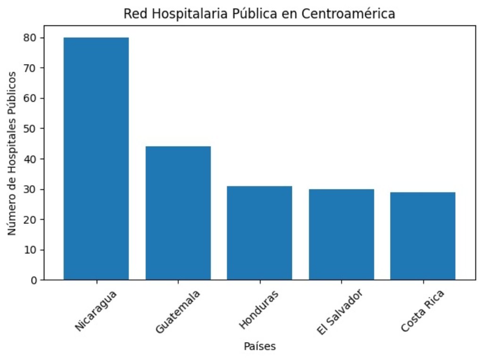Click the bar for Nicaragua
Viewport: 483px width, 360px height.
pyautogui.click(x=96, y=158)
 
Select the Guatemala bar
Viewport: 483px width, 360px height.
pyautogui.click(x=178, y=213)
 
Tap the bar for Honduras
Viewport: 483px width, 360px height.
pyautogui.click(x=259, y=233)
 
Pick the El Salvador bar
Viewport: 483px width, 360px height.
pyautogui.click(x=341, y=234)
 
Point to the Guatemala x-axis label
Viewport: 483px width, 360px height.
pyautogui.click(x=178, y=312)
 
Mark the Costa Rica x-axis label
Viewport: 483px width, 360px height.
pyautogui.click(x=422, y=312)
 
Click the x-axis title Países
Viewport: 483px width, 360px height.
pyautogui.click(x=259, y=346)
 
